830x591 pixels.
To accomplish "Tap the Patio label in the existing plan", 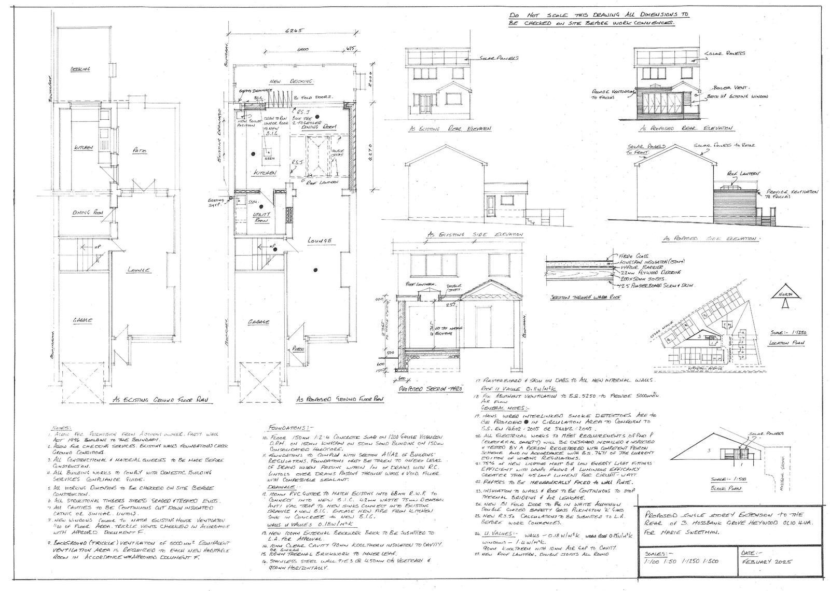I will point(139,150).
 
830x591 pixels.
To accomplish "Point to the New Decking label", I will point(292,82).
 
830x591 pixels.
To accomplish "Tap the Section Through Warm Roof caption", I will point(577,298).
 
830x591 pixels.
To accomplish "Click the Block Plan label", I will point(723,488).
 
